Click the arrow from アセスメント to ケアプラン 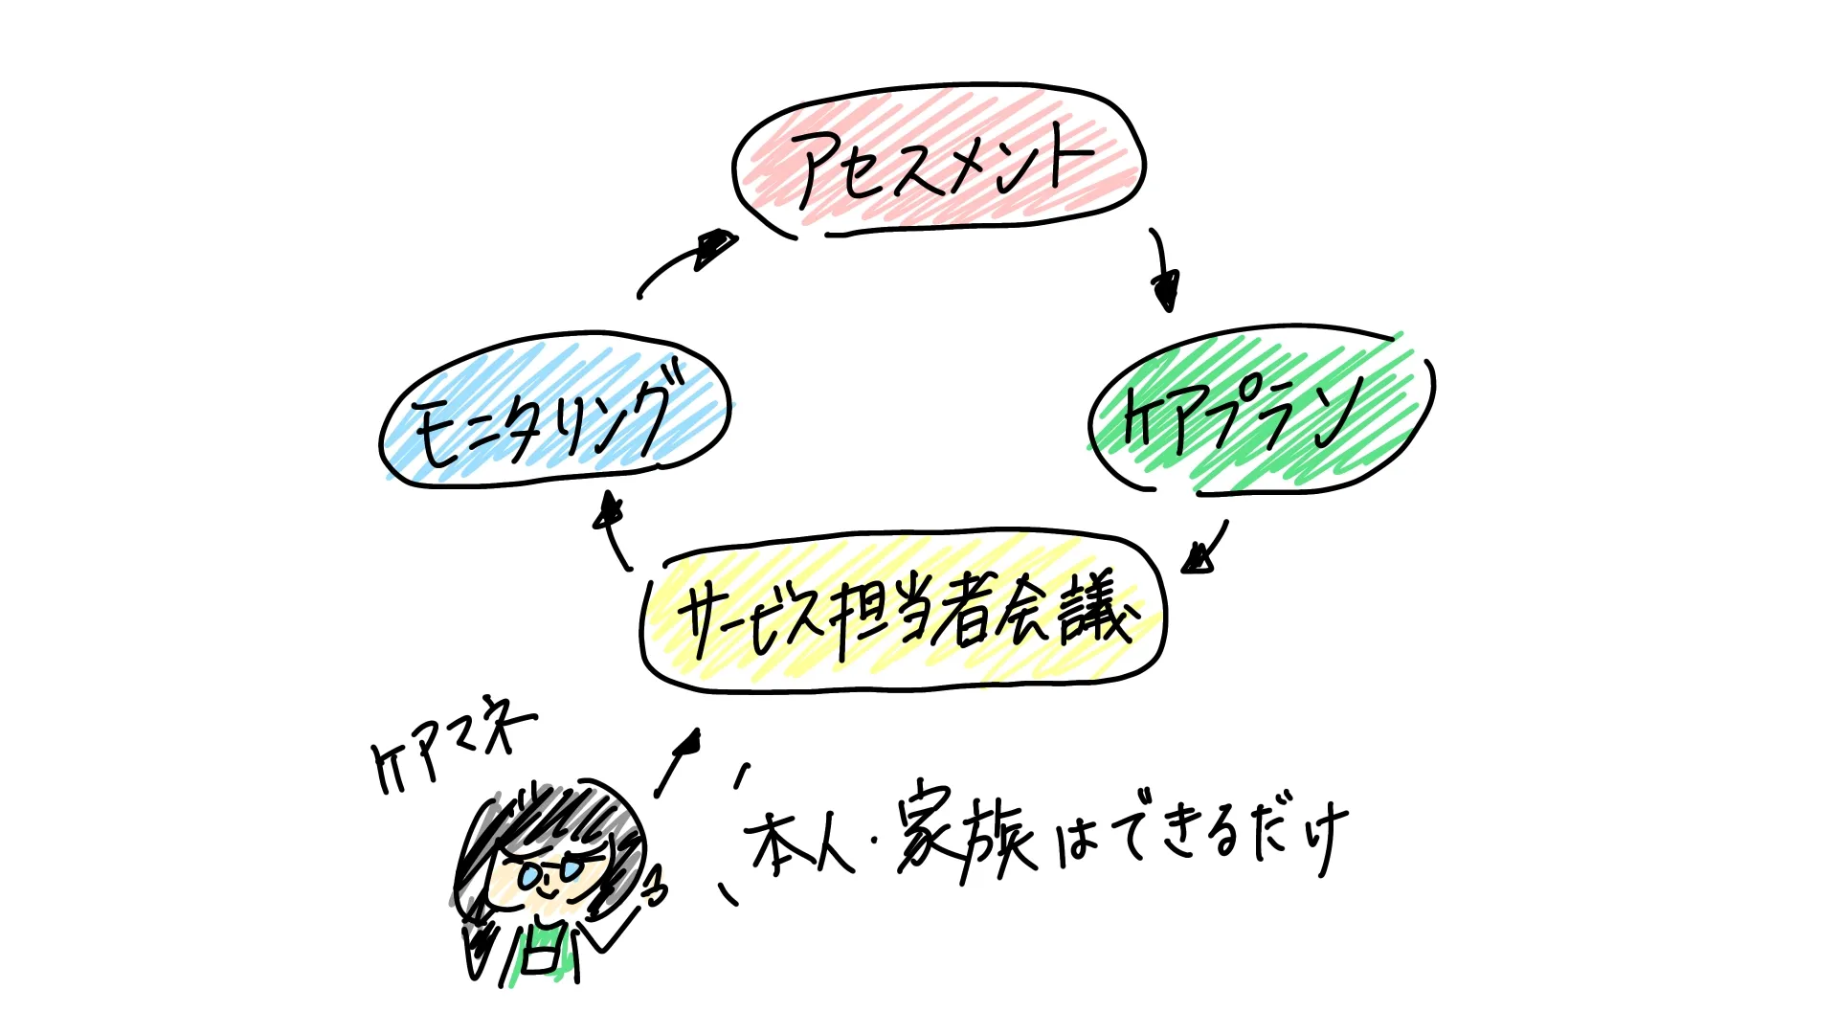[x=1162, y=268]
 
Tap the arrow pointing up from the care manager [x=678, y=763]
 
